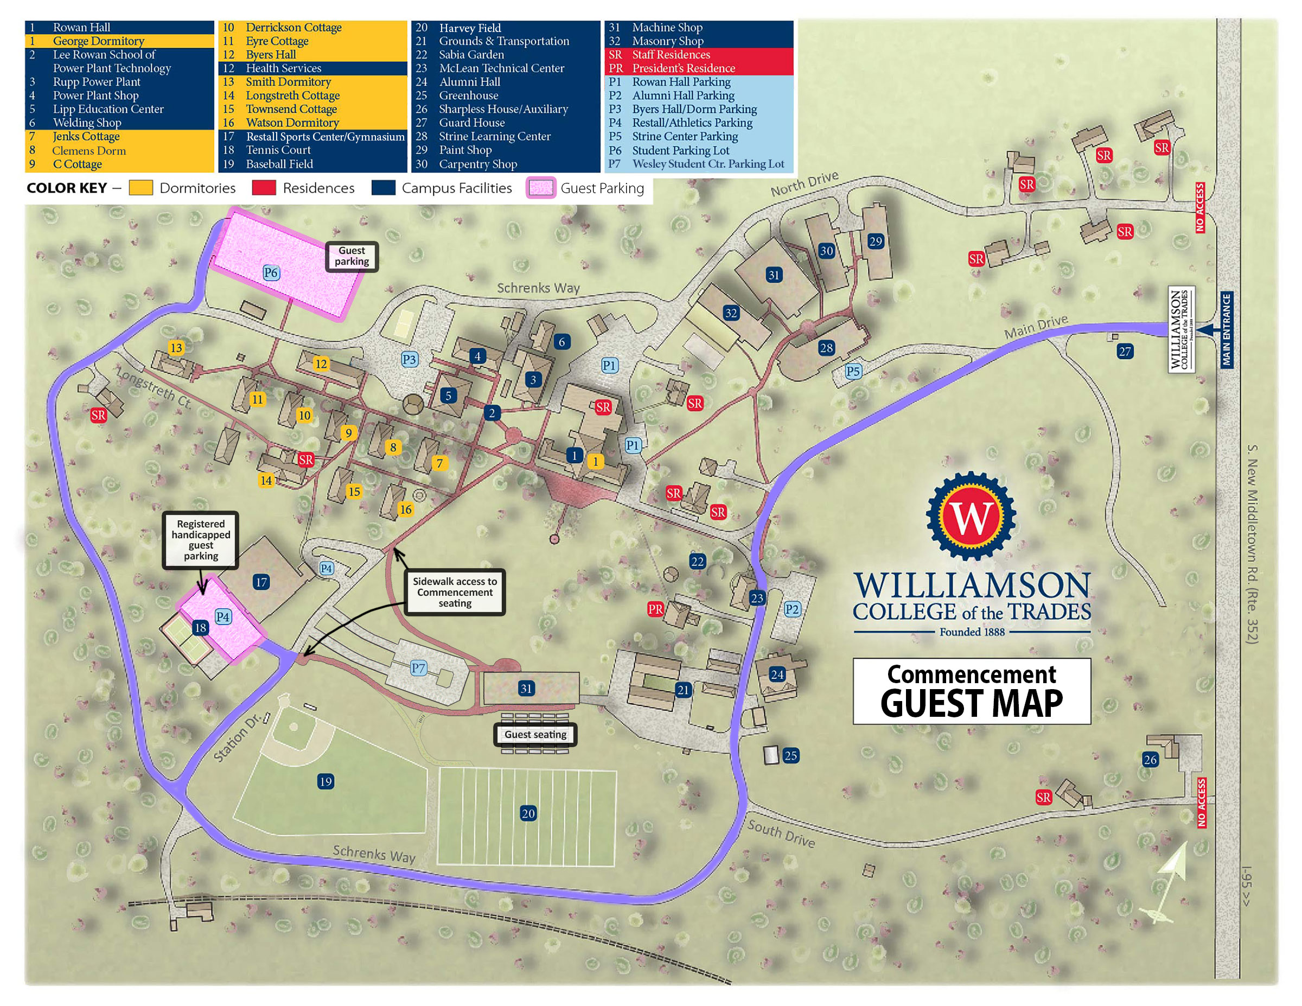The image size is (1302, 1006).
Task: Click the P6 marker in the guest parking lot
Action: pos(271,272)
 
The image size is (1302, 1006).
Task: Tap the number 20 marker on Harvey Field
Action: pos(528,813)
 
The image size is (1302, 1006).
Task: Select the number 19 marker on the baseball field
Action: pos(325,781)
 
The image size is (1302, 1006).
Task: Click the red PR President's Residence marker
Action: pos(655,609)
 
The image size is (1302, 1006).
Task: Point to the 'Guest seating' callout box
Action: pos(535,735)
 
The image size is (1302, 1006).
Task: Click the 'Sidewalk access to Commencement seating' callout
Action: pos(455,592)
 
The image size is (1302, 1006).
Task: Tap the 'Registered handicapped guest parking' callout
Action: pos(201,540)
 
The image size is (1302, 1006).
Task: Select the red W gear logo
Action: pos(971,517)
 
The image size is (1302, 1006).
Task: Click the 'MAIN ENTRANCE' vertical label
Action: pos(1226,329)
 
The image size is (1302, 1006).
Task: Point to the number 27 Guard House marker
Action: pos(1125,351)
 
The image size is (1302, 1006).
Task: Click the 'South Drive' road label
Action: pos(781,833)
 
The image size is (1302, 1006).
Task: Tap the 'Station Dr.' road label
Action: pos(237,737)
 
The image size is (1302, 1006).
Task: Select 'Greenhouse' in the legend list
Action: pos(469,95)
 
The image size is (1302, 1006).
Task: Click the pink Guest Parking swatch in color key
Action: pos(541,188)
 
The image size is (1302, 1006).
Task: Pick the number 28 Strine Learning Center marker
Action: pos(826,348)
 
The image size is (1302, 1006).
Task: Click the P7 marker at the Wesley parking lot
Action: pos(418,668)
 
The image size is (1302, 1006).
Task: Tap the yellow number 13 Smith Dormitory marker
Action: pos(176,348)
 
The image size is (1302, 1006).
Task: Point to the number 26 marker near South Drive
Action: pos(1150,760)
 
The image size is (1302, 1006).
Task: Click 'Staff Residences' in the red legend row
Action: pos(671,54)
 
